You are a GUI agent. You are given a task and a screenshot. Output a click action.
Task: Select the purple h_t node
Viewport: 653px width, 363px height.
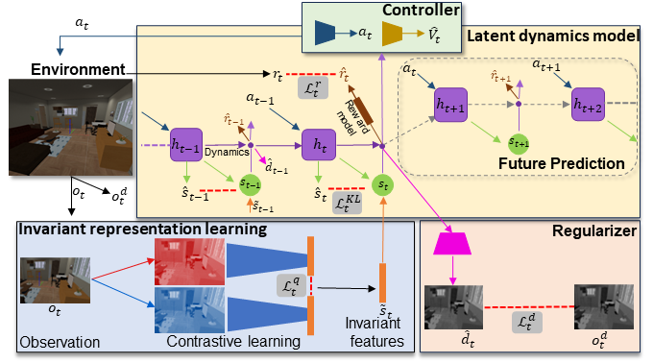(316, 146)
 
